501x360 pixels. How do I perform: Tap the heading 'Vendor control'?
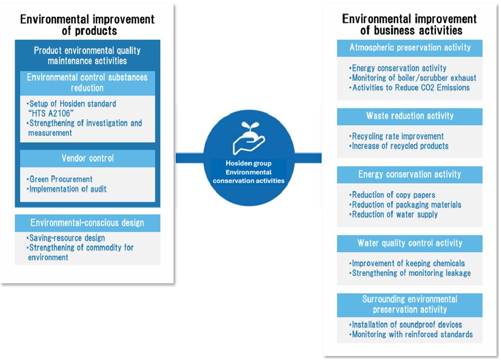click(88, 158)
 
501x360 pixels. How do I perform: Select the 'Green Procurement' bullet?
click(60, 180)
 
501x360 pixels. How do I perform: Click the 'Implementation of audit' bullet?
click(67, 189)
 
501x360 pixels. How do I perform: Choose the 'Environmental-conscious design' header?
click(88, 223)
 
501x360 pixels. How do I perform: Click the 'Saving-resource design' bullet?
click(66, 238)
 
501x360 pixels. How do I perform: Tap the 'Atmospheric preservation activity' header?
click(410, 48)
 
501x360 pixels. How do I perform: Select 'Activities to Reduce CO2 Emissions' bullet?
click(410, 88)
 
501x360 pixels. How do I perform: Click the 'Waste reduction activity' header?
click(410, 116)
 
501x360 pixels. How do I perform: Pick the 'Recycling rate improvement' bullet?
click(397, 136)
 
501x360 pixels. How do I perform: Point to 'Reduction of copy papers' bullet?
click(393, 195)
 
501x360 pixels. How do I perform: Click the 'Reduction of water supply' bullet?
click(394, 215)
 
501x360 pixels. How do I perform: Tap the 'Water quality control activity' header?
click(410, 243)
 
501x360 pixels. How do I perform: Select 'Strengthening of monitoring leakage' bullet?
click(411, 273)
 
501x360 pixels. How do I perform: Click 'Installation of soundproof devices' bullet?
click(406, 325)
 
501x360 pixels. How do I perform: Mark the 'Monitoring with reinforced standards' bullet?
click(412, 334)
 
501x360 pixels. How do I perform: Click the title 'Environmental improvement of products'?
click(87, 25)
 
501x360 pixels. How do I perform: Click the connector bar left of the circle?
click(189, 158)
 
